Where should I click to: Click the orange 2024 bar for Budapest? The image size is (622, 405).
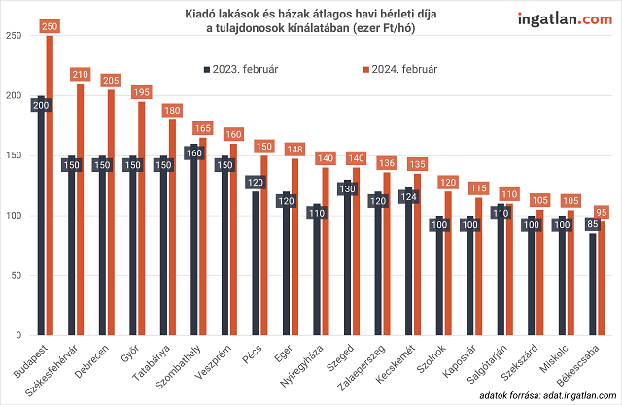click(x=51, y=194)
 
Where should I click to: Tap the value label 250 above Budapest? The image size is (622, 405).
click(x=51, y=29)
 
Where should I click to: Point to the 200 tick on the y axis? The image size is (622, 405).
click(x=13, y=95)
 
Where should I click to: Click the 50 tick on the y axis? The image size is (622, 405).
click(x=13, y=276)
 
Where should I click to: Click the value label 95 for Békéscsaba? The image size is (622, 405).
click(x=602, y=212)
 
